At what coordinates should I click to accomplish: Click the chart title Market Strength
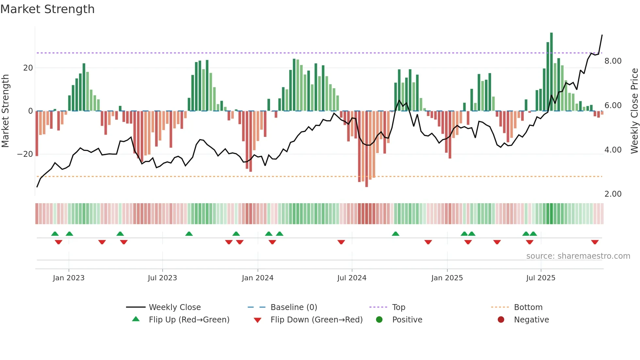48,9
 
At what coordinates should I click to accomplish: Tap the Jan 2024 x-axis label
257,278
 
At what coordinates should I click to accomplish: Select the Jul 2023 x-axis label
162,278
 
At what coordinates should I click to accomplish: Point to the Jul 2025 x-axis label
541,278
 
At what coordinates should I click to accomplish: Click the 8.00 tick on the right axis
613,61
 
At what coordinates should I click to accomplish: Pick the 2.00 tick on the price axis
613,194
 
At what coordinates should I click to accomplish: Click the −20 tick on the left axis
25,154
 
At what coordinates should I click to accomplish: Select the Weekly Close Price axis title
634,111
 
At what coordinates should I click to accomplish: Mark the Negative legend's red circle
501,320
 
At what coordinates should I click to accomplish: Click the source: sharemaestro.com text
578,256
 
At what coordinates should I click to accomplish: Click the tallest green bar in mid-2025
552,72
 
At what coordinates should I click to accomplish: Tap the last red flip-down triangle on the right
595,242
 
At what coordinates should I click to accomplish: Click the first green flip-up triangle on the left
55,234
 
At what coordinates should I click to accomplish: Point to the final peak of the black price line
602,35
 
